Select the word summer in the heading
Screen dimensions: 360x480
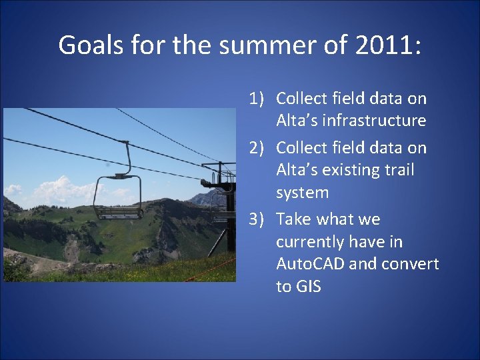click(x=236, y=45)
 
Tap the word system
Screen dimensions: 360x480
click(x=302, y=193)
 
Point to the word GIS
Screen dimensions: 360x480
click(x=309, y=287)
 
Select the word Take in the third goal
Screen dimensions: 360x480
click(x=293, y=219)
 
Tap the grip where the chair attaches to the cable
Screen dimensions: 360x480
click(x=121, y=175)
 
